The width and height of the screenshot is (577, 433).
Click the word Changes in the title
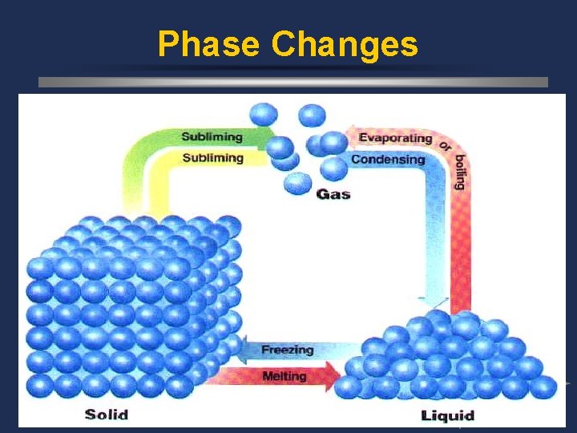345,45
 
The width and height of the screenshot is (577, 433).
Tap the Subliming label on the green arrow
212,137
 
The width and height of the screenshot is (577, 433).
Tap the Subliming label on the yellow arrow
212,158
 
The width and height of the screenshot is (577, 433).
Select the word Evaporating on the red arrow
395,138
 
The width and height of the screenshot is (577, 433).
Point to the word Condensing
388,160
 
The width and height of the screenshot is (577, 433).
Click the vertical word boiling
459,170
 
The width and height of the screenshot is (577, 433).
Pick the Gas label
333,194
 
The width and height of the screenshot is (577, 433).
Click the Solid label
107,415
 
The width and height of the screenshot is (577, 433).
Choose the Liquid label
447,415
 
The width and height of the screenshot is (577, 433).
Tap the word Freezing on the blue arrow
287,350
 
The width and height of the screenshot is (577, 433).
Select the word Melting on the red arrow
284,375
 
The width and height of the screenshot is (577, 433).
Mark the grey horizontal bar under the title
293,82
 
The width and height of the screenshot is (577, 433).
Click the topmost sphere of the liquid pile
438,320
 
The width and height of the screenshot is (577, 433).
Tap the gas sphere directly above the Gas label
297,183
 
